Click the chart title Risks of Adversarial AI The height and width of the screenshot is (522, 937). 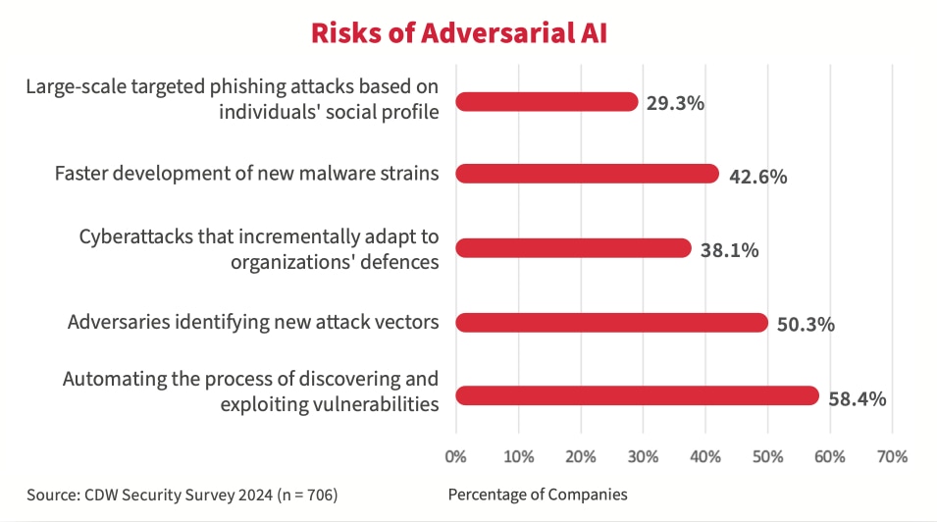(458, 32)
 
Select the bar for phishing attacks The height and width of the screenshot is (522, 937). (547, 101)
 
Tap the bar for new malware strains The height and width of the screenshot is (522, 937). (588, 174)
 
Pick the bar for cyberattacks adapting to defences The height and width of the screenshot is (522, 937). (574, 248)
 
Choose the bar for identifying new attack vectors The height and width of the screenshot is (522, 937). (611, 322)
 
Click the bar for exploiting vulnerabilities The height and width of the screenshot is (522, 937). (637, 395)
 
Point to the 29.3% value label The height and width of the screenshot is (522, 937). (675, 103)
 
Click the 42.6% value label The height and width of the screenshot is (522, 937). (758, 177)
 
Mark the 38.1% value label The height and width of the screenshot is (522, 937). (729, 250)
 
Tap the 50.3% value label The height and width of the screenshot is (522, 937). (806, 324)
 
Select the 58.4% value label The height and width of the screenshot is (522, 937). (858, 398)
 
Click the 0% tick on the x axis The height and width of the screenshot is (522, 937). (456, 456)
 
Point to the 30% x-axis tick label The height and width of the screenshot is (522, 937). (643, 456)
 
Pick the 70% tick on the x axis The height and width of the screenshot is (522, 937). (892, 456)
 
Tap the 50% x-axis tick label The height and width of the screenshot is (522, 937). (767, 456)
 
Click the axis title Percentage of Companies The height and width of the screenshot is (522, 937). (537, 495)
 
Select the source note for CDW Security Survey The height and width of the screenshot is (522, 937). (182, 495)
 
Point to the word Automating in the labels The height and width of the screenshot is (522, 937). (109, 380)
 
